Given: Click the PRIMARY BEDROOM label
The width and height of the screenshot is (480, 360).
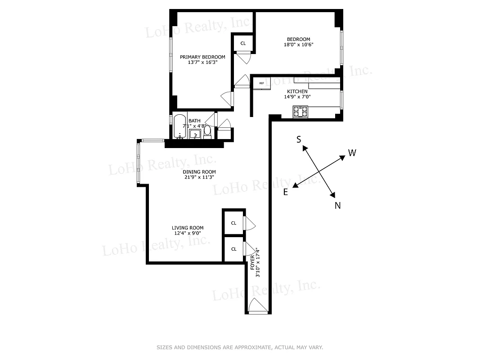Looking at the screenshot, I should pos(202,57).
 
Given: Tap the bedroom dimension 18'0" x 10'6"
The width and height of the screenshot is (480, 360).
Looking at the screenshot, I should pos(298,45).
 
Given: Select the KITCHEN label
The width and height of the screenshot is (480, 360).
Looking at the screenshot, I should pos(297,91).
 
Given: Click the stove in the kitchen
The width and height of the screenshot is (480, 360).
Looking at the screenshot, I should pos(300,111).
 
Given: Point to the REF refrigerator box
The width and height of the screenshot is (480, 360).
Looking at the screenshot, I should pos(261,83).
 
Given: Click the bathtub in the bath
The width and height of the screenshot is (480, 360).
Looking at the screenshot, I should pos(180,127).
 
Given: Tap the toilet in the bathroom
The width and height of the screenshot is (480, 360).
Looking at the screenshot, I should pos(207,132).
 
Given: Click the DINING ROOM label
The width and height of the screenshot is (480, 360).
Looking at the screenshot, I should pos(199,172).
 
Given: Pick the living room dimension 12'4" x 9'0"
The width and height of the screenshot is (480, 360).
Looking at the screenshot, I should pos(188,233).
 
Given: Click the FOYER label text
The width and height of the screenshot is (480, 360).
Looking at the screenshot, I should pos(252,262).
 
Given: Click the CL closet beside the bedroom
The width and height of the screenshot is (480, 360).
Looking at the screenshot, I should pos(243,43).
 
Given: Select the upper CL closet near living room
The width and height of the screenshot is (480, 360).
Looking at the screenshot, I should pos(233,223).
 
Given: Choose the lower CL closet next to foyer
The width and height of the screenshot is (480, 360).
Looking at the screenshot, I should pos(233,249).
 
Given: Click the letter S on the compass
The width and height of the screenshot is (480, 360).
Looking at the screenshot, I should pos(299,139).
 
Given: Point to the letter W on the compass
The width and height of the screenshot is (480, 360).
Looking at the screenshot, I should pos(352,153).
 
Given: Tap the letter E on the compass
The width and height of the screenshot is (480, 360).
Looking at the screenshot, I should pos(285,192).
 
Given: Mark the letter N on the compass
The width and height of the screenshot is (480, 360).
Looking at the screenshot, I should pos(337,206).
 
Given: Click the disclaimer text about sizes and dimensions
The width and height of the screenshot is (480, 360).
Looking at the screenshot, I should pos(240,347).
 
